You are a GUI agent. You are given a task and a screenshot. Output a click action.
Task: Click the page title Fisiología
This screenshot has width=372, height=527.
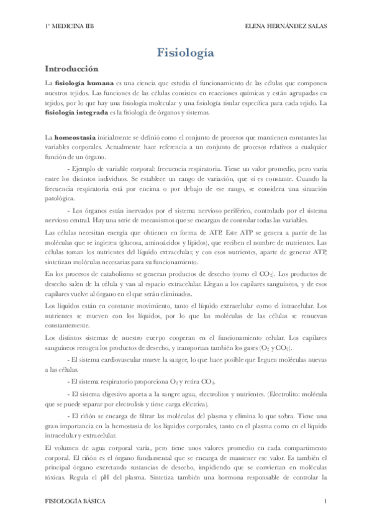(186, 53)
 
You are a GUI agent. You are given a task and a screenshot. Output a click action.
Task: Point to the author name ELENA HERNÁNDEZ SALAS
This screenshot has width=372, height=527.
(286, 25)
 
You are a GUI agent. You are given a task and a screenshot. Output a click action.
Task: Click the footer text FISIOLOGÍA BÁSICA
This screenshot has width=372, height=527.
(76, 500)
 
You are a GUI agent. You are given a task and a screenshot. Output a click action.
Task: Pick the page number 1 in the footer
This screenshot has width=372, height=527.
(325, 500)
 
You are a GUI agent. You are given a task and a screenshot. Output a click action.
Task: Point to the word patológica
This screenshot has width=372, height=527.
(61, 199)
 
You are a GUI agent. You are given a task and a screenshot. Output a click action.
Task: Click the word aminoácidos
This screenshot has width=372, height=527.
(161, 241)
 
